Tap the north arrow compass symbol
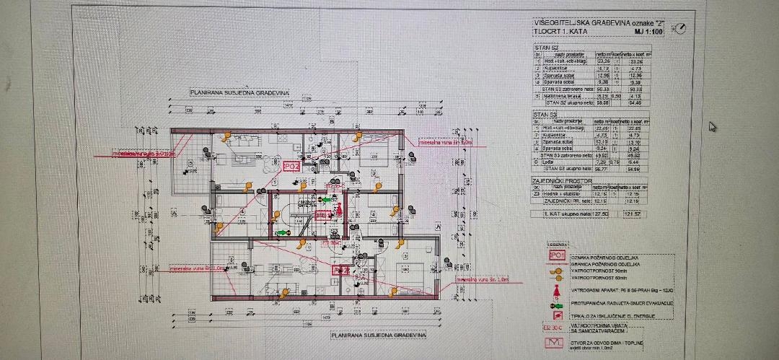pyautogui.click(x=679, y=29)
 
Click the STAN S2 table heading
pyautogui.click(x=542, y=48)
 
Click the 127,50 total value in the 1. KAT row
pyautogui.click(x=601, y=214)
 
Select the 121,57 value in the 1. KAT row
pyautogui.click(x=633, y=214)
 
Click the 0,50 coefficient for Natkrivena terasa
pyautogui.click(x=615, y=95)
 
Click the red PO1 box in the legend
pyautogui.click(x=557, y=255)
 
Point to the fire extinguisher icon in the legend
pyautogui.click(x=557, y=291)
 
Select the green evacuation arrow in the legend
pyautogui.click(x=557, y=303)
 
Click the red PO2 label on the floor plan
pyautogui.click(x=291, y=167)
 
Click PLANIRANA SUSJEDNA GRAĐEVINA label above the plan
pyautogui.click(x=239, y=93)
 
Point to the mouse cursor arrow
pyautogui.click(x=713, y=126)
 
